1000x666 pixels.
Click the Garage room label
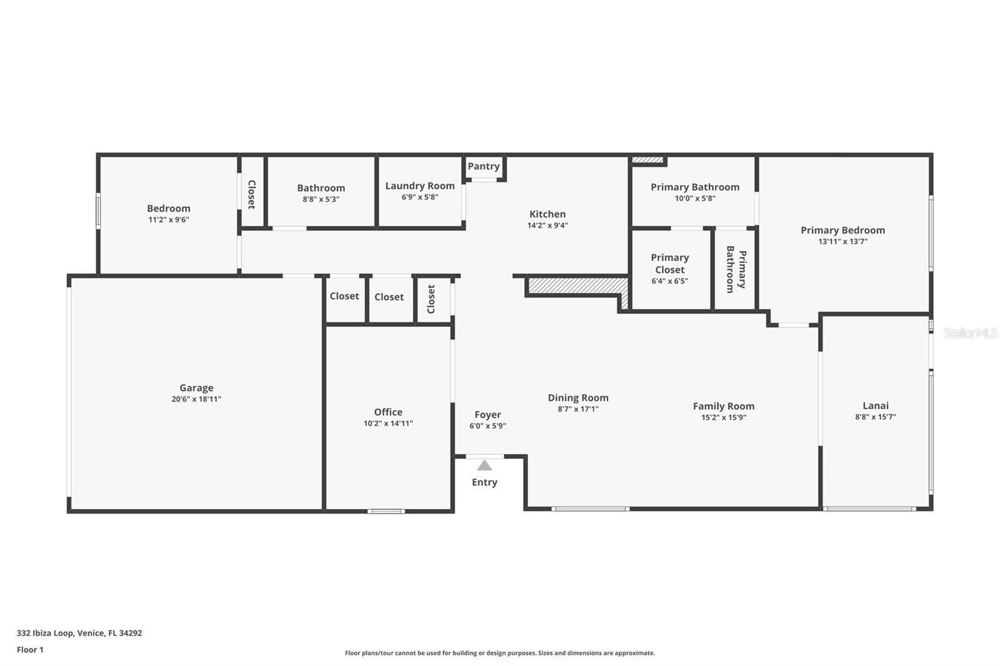pos(196,387)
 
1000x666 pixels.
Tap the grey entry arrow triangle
pos(484,465)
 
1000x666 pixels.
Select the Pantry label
pos(484,166)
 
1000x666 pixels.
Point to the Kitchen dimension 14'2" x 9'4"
pos(547,225)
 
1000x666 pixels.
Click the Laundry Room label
pos(419,186)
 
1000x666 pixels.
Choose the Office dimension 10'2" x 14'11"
pos(388,423)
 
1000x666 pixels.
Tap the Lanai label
pos(876,405)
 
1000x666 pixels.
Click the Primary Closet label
pos(669,264)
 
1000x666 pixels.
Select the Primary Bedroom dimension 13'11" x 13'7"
pos(842,241)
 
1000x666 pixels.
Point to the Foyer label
pos(487,415)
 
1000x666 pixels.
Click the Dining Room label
pos(577,397)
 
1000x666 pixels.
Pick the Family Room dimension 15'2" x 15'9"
pos(723,417)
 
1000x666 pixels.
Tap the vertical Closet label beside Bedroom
pos(252,195)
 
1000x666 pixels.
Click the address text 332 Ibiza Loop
pos(45,633)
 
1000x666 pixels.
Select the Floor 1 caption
pos(30,650)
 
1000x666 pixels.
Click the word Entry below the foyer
pos(484,482)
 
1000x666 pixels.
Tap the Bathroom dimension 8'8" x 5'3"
pos(321,199)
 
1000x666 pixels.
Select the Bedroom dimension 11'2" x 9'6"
pos(168,219)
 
